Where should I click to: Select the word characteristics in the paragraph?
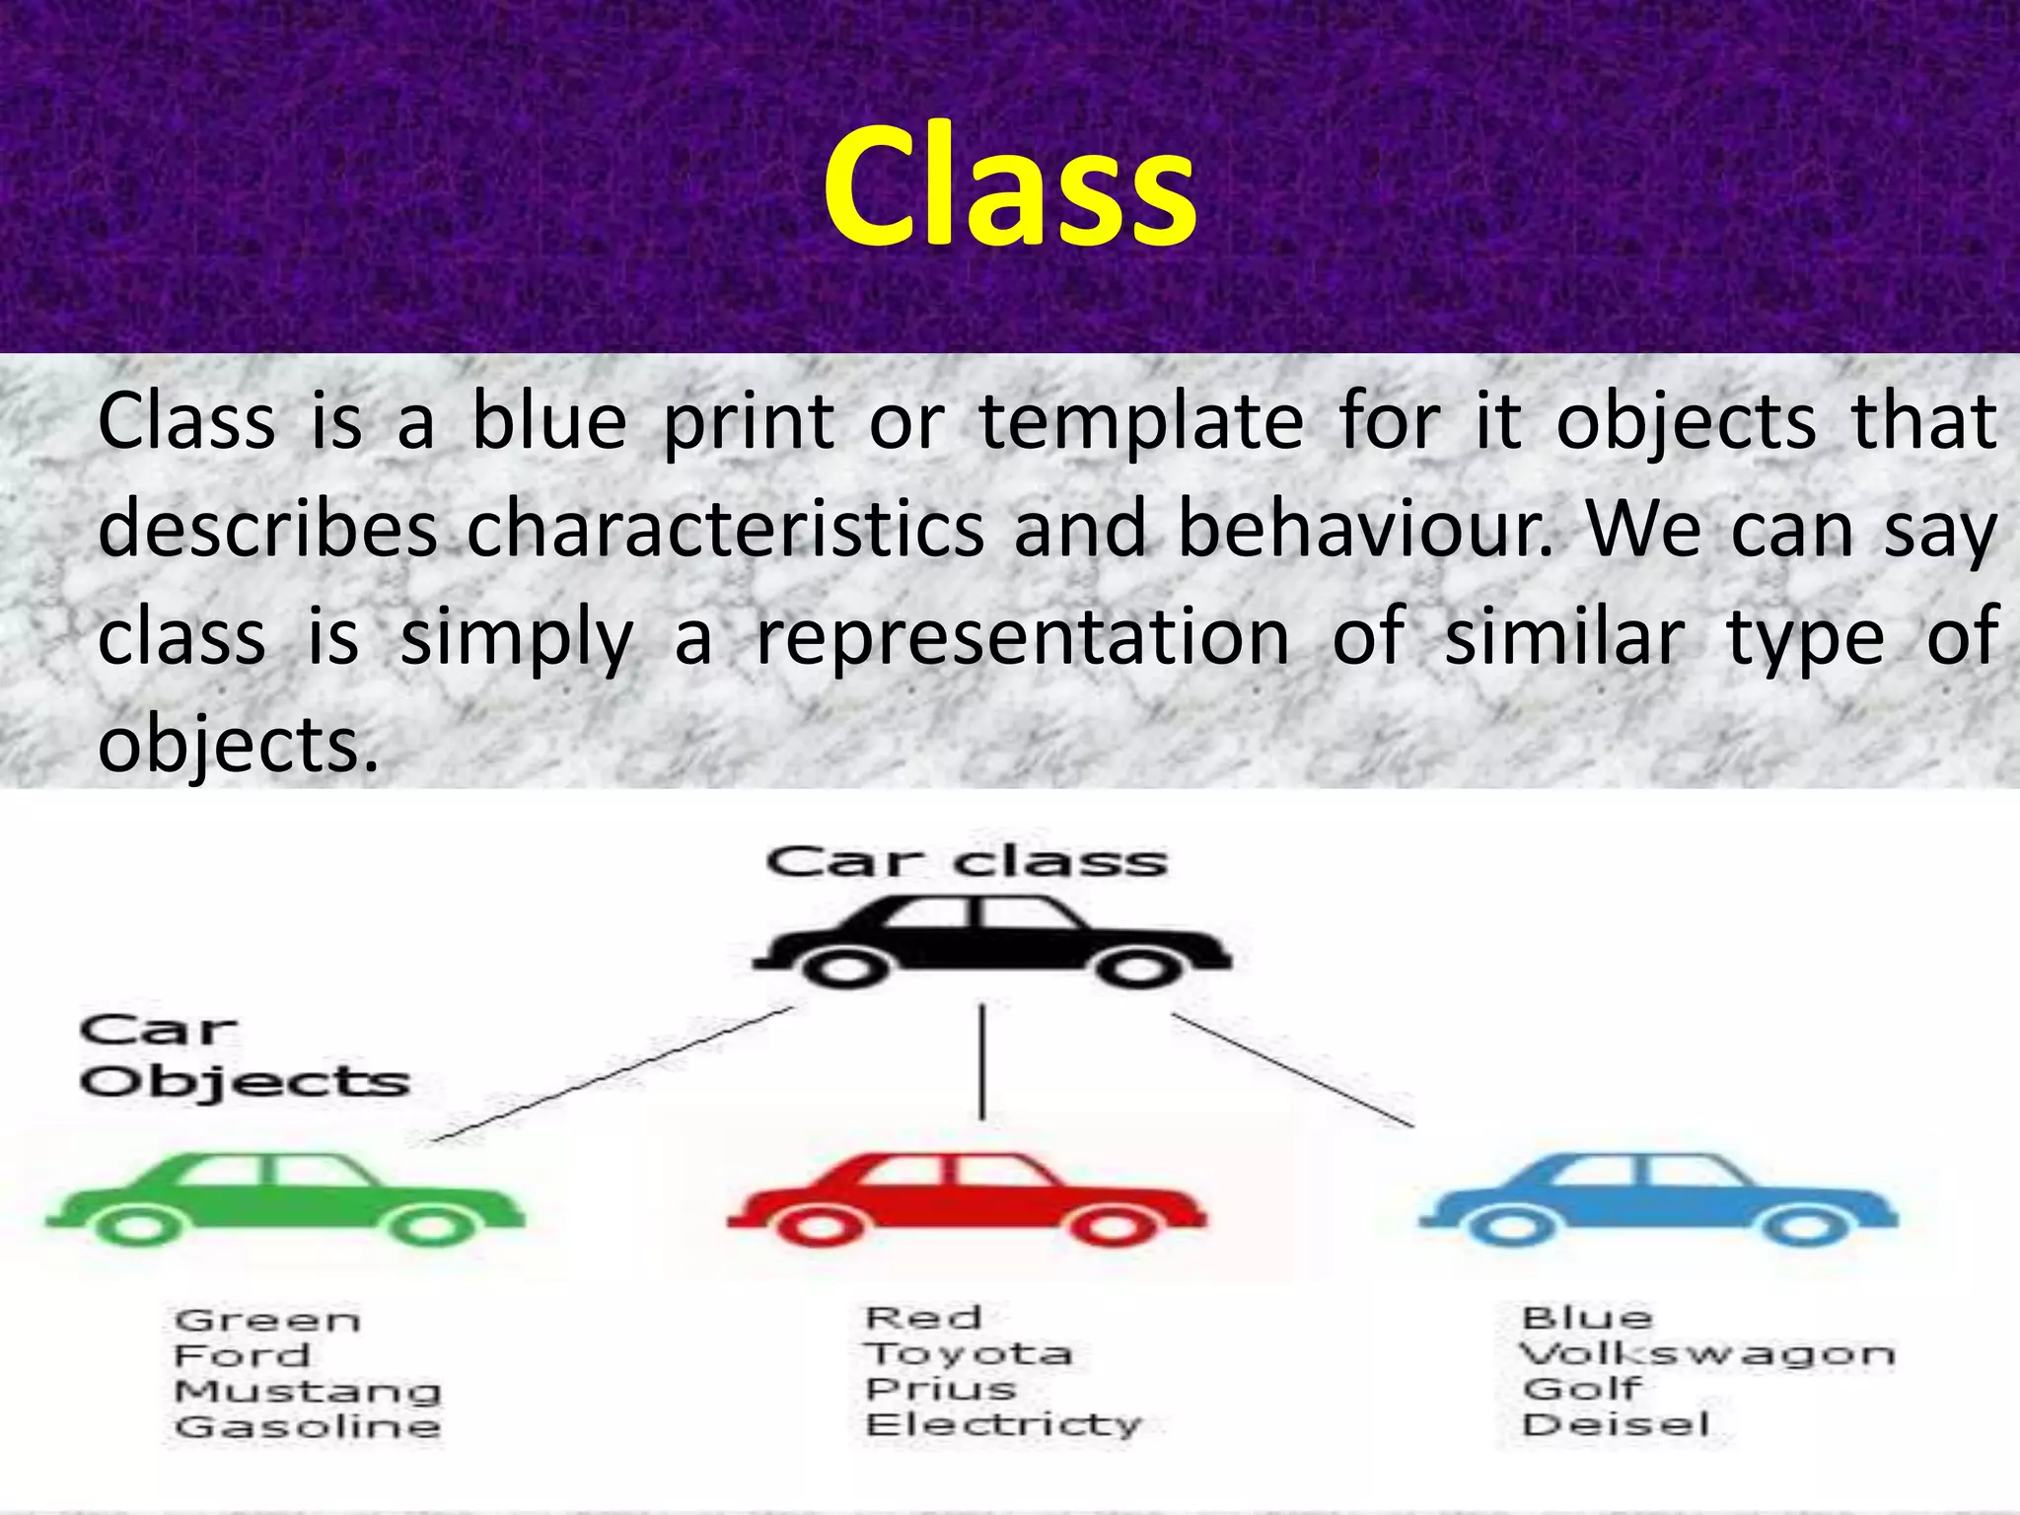coord(725,531)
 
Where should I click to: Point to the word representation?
coord(1023,638)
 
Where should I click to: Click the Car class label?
coord(967,862)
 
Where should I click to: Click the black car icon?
coord(991,942)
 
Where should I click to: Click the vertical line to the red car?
coord(981,1062)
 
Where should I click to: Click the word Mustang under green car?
coord(308,1392)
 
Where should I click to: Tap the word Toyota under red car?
coord(969,1353)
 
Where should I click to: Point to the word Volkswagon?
coord(1706,1354)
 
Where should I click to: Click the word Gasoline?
coord(308,1427)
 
